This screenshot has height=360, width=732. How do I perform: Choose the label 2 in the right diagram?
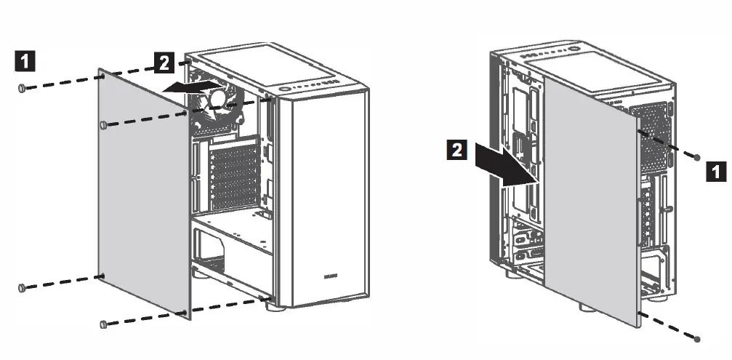[457, 151]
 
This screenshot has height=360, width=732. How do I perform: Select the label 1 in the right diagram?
[716, 172]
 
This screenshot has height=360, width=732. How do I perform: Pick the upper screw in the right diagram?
[698, 157]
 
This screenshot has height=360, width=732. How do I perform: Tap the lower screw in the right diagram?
[699, 338]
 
